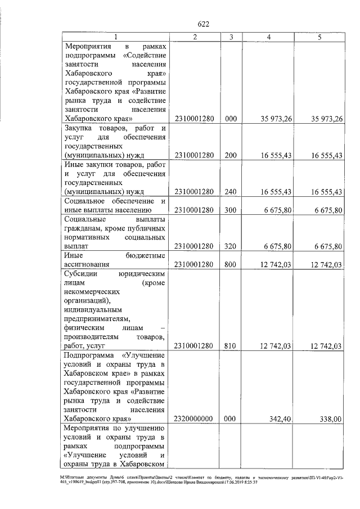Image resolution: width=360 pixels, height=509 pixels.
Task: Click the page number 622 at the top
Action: coord(204,24)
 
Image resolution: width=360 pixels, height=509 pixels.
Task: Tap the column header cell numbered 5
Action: coord(319,37)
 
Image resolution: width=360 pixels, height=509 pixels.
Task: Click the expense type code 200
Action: coord(231,155)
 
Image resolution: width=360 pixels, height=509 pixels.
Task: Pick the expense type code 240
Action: coord(231,192)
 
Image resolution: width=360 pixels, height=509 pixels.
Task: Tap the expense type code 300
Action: coord(231,210)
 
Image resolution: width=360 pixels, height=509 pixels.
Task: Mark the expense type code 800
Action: coord(231,264)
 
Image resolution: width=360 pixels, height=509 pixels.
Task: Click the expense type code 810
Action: coord(231,346)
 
